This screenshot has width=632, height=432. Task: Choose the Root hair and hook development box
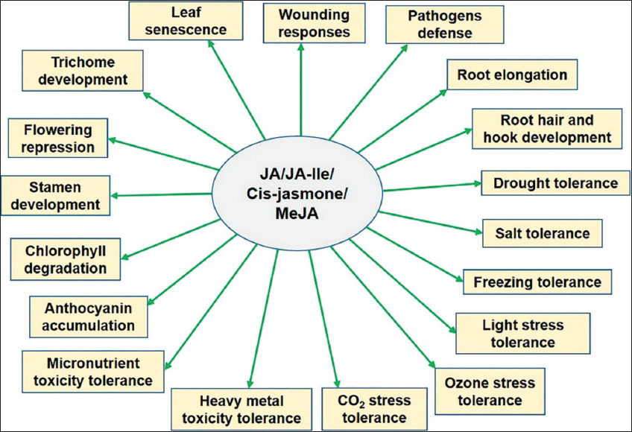tap(547, 128)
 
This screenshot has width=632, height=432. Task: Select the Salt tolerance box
tap(542, 233)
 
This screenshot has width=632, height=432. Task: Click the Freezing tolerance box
tap(537, 282)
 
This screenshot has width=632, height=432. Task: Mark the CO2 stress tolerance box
tap(365, 408)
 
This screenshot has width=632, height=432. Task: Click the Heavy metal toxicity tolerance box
tap(240, 409)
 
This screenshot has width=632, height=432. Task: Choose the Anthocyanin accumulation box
tap(89, 316)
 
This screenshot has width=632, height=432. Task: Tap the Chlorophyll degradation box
tap(66, 258)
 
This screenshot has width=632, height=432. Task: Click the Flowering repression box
tap(57, 137)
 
